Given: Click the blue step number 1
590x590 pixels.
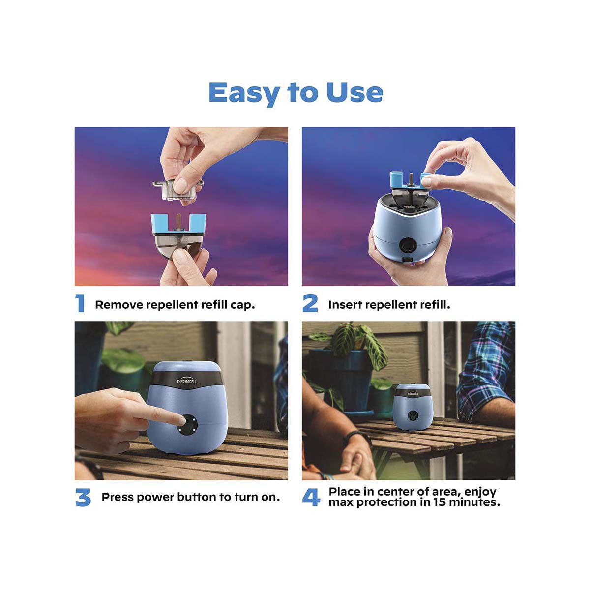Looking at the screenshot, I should (x=80, y=303).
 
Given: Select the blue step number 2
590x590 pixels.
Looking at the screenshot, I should (x=310, y=303).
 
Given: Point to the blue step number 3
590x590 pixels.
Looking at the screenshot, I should (x=84, y=498).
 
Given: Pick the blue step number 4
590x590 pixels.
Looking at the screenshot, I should (x=311, y=498).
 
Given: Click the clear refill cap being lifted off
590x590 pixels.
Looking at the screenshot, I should (x=177, y=189).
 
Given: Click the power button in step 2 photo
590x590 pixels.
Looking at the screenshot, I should (x=406, y=244).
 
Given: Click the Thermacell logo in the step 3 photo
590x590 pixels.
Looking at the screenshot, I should (x=187, y=382).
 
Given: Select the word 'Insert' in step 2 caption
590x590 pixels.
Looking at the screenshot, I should (x=345, y=305).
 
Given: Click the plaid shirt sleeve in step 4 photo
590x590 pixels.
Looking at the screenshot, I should (x=484, y=374).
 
